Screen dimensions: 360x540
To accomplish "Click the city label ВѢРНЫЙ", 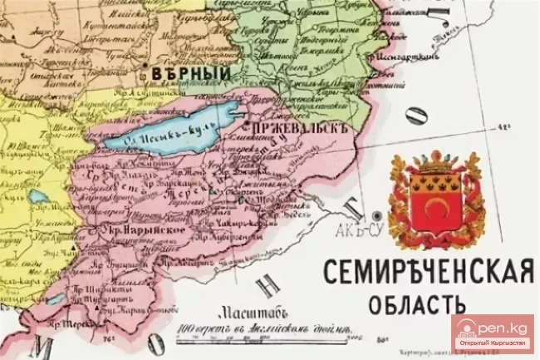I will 190,74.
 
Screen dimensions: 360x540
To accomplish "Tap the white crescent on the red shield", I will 435,204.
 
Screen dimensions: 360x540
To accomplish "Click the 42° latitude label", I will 503,127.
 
